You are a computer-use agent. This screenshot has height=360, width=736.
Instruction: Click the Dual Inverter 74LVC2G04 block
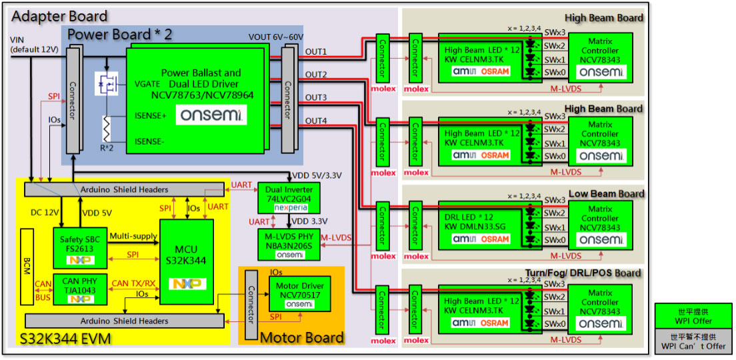[x=289, y=196]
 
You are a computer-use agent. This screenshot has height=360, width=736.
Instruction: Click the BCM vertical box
[x=27, y=267]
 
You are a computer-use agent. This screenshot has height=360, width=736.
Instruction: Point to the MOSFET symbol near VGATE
[x=107, y=83]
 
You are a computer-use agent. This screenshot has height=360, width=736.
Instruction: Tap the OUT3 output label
[x=316, y=98]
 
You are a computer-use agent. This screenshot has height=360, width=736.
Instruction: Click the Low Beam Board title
[x=606, y=194]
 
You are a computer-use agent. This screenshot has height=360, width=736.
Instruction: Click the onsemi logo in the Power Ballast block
[x=212, y=115]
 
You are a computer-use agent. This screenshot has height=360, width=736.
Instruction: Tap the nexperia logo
[x=289, y=208]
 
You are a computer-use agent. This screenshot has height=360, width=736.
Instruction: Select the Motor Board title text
[x=301, y=337]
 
